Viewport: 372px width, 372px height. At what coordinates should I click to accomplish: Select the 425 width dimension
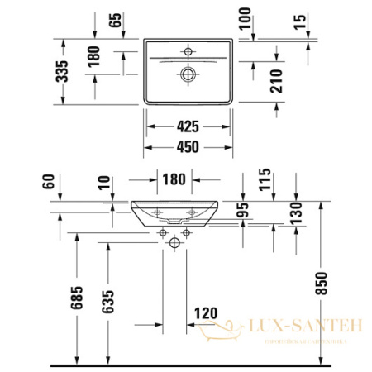188,128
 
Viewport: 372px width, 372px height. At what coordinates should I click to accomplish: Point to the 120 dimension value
206,313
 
